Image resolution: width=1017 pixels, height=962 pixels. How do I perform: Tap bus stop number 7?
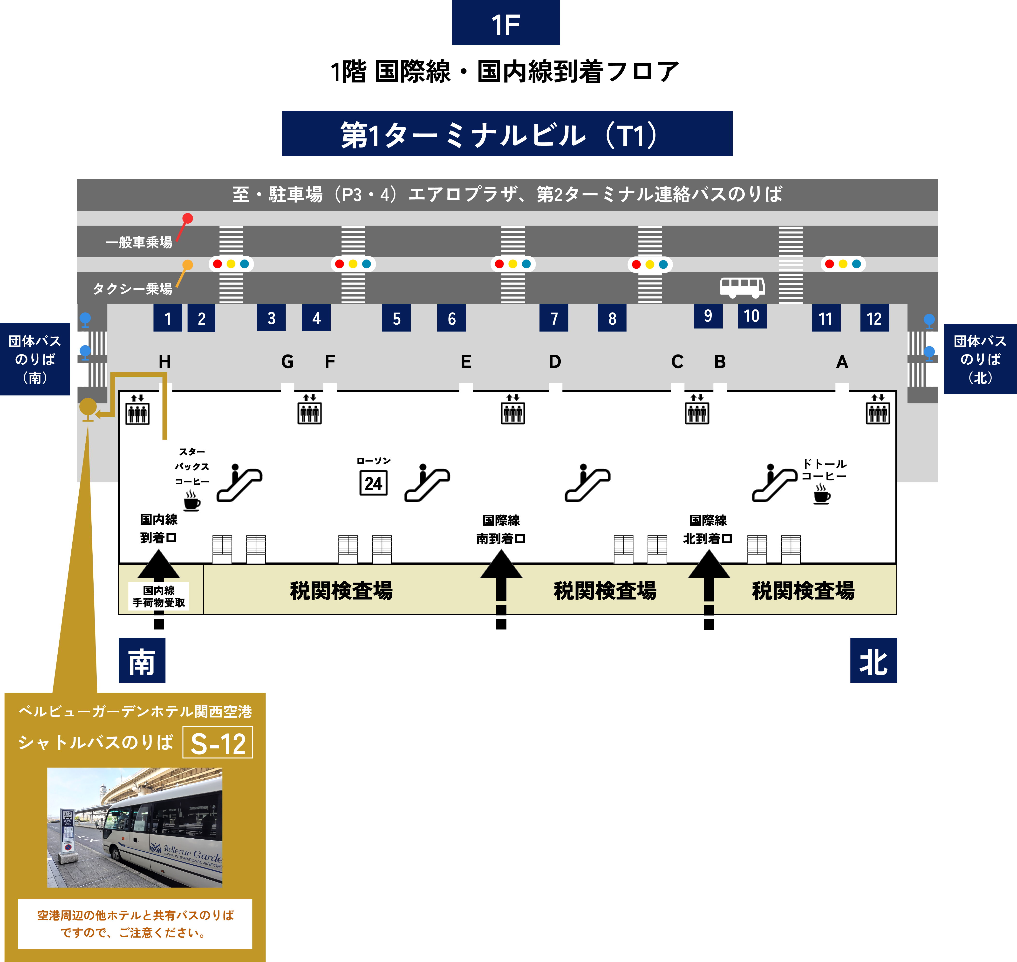(x=554, y=318)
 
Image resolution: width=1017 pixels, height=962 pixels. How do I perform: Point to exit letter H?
(x=165, y=361)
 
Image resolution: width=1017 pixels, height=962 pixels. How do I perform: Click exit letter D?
(x=555, y=361)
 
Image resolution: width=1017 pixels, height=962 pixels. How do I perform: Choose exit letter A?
(x=842, y=361)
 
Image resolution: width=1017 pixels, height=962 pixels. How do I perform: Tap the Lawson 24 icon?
(x=374, y=483)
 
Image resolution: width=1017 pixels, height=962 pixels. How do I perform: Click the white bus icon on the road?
(x=743, y=287)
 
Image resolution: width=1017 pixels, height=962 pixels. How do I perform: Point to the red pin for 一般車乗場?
(x=188, y=218)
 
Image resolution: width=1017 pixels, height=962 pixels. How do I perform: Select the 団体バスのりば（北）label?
(x=980, y=359)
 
